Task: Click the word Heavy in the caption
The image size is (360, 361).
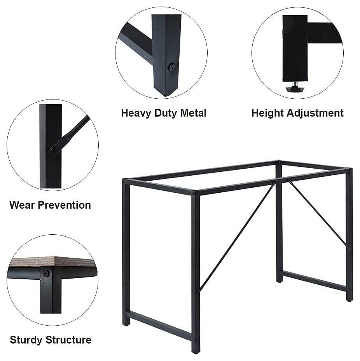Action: click(136, 113)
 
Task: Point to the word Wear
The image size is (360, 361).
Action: click(22, 205)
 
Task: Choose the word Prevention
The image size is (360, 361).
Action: click(64, 205)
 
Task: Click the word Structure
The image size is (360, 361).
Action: click(68, 340)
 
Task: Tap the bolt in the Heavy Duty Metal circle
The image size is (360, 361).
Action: click(171, 67)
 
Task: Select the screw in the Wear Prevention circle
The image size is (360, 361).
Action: click(53, 152)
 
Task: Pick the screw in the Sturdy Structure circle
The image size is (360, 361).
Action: click(46, 274)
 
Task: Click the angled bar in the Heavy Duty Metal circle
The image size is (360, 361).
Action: click(135, 42)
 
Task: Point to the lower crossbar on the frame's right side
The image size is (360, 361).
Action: click(314, 281)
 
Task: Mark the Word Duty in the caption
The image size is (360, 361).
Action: click(166, 113)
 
